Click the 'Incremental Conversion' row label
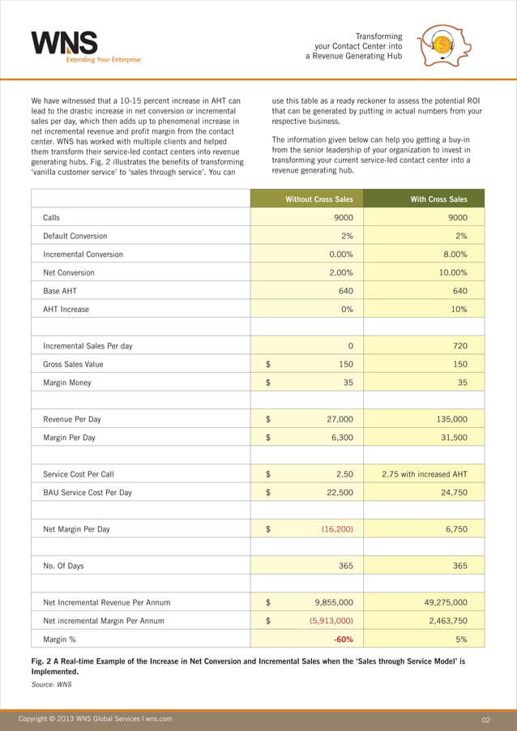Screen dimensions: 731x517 coord(83,254)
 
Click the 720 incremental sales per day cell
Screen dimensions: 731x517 coord(459,346)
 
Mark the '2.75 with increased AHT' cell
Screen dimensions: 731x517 coord(424,475)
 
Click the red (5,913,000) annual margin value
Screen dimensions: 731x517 coord(331,621)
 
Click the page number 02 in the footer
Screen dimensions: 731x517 coord(486,719)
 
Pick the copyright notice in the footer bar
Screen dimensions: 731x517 coord(96,719)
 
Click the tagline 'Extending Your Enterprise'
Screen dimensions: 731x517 coord(103,59)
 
